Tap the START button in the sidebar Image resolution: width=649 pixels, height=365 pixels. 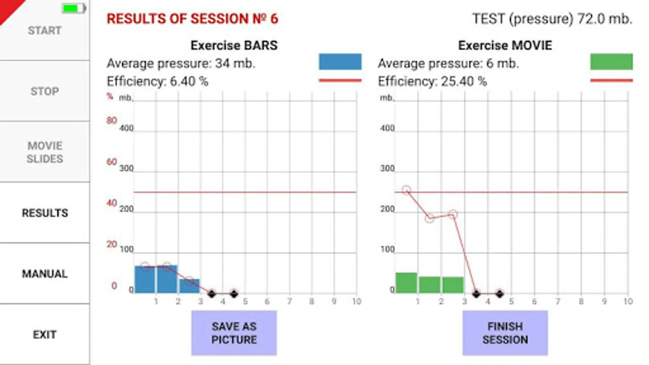point(45,31)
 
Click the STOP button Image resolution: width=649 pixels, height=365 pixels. point(45,91)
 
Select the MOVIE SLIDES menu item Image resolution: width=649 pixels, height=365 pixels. point(45,152)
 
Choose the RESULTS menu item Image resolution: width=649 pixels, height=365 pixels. point(45,213)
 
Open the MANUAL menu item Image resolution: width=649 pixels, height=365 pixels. point(45,274)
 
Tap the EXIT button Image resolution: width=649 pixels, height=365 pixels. point(45,335)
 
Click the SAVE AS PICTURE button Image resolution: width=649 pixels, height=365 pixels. point(234,333)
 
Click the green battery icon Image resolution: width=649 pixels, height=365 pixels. point(73,9)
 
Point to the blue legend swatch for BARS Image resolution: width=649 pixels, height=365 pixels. point(340,62)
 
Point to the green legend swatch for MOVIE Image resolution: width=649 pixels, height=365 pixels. point(611,62)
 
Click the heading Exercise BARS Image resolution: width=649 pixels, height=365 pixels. point(234,45)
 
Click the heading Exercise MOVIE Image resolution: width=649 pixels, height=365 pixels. point(505,45)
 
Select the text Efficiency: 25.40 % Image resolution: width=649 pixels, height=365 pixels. point(432,82)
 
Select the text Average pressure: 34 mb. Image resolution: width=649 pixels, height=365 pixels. point(181,64)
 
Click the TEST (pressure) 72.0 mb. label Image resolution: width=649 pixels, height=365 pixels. point(552,19)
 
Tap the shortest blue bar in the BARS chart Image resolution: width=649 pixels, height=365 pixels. point(189,286)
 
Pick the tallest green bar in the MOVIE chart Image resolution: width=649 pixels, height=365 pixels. point(406,283)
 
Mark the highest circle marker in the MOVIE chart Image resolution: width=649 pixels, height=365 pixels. point(406,190)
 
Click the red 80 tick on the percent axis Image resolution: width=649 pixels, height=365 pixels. point(112,120)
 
